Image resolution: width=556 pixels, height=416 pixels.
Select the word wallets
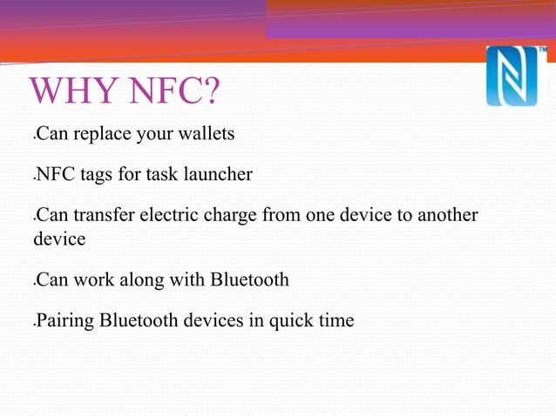(x=207, y=136)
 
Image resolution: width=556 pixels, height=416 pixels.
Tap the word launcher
(x=216, y=176)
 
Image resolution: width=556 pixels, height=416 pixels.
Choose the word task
(x=162, y=176)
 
